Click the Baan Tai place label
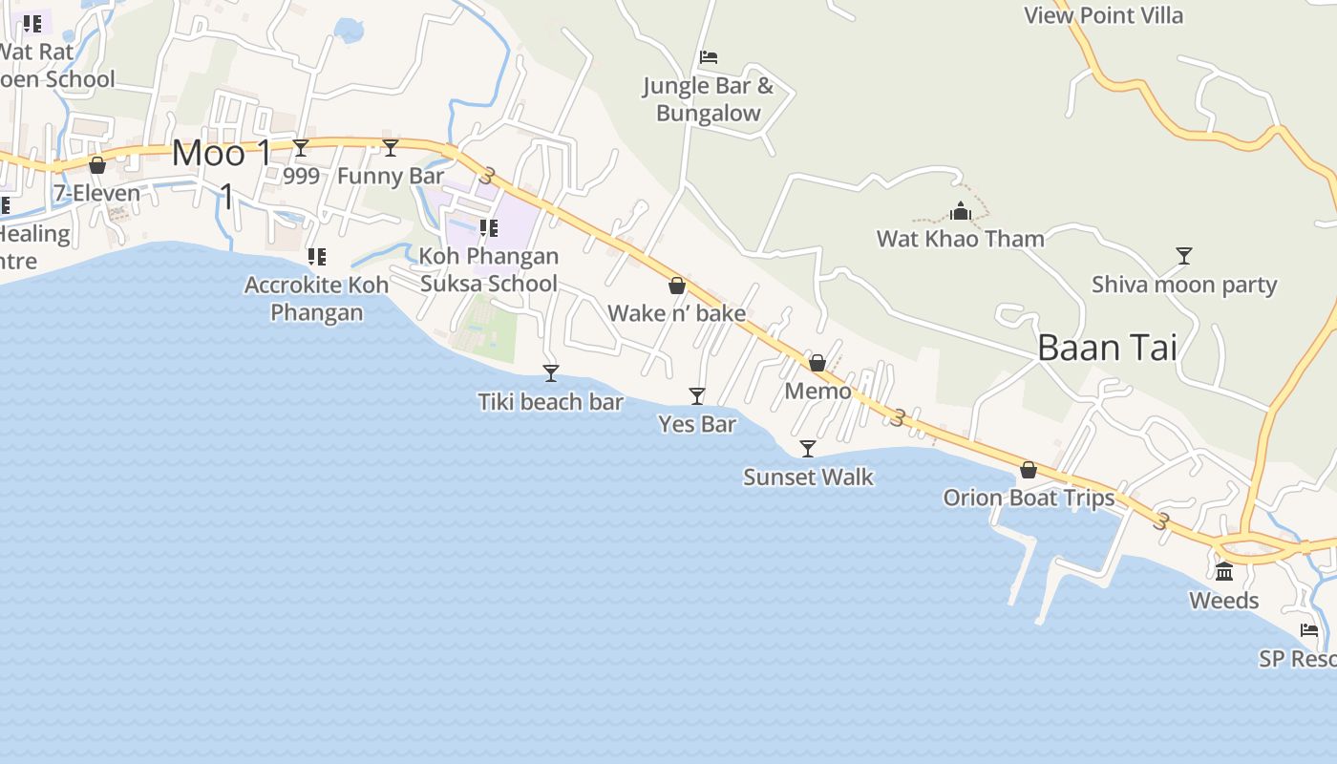1107,348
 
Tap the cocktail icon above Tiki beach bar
551,372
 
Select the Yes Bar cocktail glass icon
697,395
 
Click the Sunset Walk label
808,477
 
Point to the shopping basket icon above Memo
817,363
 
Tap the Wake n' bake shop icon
677,285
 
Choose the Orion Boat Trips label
1029,498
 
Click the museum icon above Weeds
1224,571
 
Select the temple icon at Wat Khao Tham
961,210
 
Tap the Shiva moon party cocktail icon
1184,255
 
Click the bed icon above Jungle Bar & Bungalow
709,57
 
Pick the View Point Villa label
1103,15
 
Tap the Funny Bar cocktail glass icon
391,147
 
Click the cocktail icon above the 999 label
301,147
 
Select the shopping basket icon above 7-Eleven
96,165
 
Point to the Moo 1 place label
222,154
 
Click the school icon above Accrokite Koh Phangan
317,256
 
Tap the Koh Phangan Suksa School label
489,269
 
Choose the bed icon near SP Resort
1309,630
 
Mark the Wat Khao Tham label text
961,238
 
